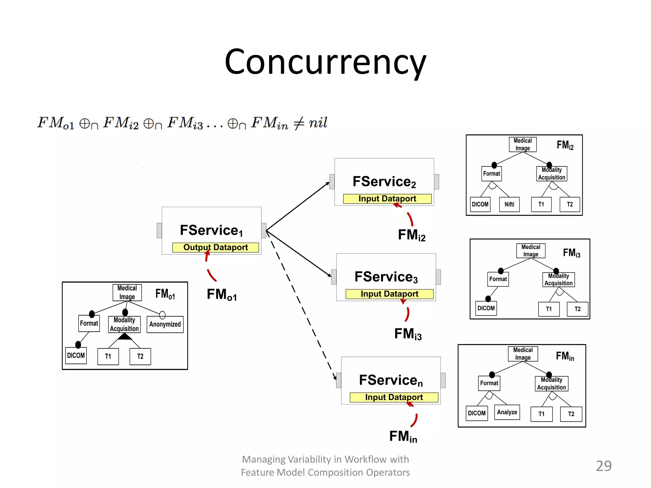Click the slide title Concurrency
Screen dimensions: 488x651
pos(325,62)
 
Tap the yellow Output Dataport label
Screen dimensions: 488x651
pos(216,247)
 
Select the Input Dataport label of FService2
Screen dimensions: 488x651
pos(387,199)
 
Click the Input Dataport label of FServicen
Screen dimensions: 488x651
pos(394,397)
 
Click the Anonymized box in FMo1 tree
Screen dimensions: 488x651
pos(165,324)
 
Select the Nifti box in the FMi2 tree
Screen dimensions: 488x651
pos(509,205)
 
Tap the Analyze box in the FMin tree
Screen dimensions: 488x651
pos(507,412)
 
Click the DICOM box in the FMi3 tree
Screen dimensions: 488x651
pos(486,308)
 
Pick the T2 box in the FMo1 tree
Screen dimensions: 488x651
pos(140,356)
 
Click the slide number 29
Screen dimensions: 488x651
pos(603,466)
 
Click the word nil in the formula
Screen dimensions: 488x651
pos(318,123)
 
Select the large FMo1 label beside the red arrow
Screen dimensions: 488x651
pos(222,295)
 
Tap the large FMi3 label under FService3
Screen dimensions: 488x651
pos(408,334)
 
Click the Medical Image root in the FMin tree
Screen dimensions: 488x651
pos(523,354)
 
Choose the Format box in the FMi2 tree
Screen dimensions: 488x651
pos(491,174)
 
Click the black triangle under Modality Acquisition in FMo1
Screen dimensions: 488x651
pos(125,336)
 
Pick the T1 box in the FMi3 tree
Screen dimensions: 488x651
pos(549,309)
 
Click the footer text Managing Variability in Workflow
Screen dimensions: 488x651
pos(325,459)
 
